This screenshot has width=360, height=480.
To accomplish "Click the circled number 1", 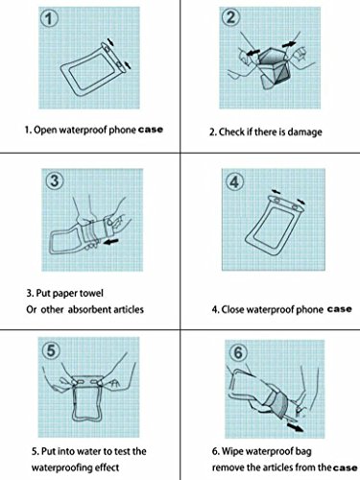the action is (x=49, y=19).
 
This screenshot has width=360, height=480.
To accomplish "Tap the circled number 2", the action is (x=230, y=17).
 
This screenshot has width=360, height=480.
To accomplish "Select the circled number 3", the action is (x=55, y=180).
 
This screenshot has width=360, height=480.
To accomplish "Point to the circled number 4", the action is (x=234, y=181).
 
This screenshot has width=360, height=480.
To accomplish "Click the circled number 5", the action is (x=51, y=350).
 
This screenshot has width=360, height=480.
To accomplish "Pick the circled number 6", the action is (x=238, y=352).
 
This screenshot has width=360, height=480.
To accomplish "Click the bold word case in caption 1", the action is (x=150, y=130).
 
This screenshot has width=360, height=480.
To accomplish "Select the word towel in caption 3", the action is (x=91, y=293).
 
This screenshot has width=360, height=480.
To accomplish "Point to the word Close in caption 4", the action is (x=232, y=309).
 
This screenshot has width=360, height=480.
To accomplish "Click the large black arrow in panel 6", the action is (x=295, y=427).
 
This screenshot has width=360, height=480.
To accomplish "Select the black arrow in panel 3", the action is (x=110, y=242).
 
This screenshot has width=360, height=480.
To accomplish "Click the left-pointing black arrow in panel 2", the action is (x=252, y=51).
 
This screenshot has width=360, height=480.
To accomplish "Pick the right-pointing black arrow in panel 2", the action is (x=289, y=44).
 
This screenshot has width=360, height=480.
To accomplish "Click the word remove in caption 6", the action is (x=226, y=468).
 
